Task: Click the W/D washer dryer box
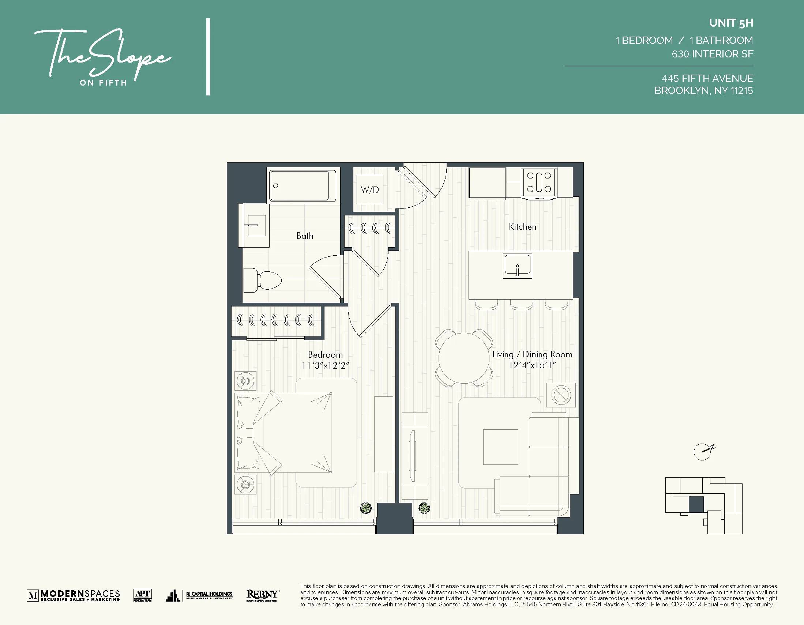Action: [x=369, y=189]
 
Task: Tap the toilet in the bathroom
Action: [x=263, y=281]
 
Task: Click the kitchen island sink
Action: [x=517, y=266]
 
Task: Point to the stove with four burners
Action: [x=539, y=182]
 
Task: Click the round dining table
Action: [x=464, y=358]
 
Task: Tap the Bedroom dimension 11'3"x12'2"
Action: [x=325, y=365]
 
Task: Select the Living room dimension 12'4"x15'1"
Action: [x=532, y=365]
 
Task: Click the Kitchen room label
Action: [x=522, y=227]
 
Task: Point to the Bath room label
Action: [x=304, y=236]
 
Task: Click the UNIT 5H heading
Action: [x=731, y=23]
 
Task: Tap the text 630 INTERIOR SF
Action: [x=712, y=54]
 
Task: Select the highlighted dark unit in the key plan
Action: [x=696, y=504]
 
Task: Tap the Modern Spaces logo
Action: [x=73, y=595]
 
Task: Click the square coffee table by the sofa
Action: [x=500, y=447]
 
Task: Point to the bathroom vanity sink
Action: [x=256, y=225]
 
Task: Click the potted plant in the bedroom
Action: [x=365, y=508]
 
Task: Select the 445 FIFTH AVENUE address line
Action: [x=707, y=78]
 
